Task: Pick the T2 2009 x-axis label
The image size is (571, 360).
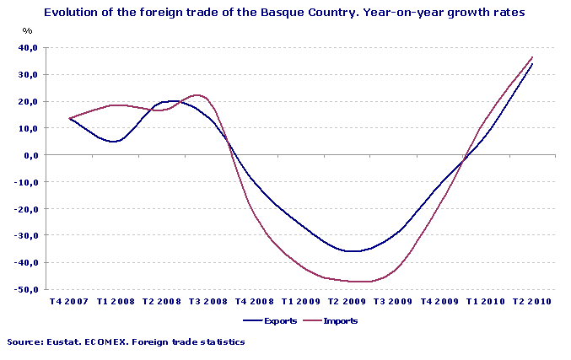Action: pyautogui.click(x=347, y=301)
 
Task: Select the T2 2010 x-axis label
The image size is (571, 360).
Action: pyautogui.click(x=531, y=301)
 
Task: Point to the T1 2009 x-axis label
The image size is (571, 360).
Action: pyautogui.click(x=300, y=301)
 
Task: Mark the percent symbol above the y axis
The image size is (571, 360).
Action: pyautogui.click(x=28, y=31)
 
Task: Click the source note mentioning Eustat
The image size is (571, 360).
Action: pyautogui.click(x=126, y=342)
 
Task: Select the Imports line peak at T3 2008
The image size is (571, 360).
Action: pyautogui.click(x=197, y=95)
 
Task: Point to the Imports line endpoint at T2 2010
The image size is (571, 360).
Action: pyautogui.click(x=532, y=57)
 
